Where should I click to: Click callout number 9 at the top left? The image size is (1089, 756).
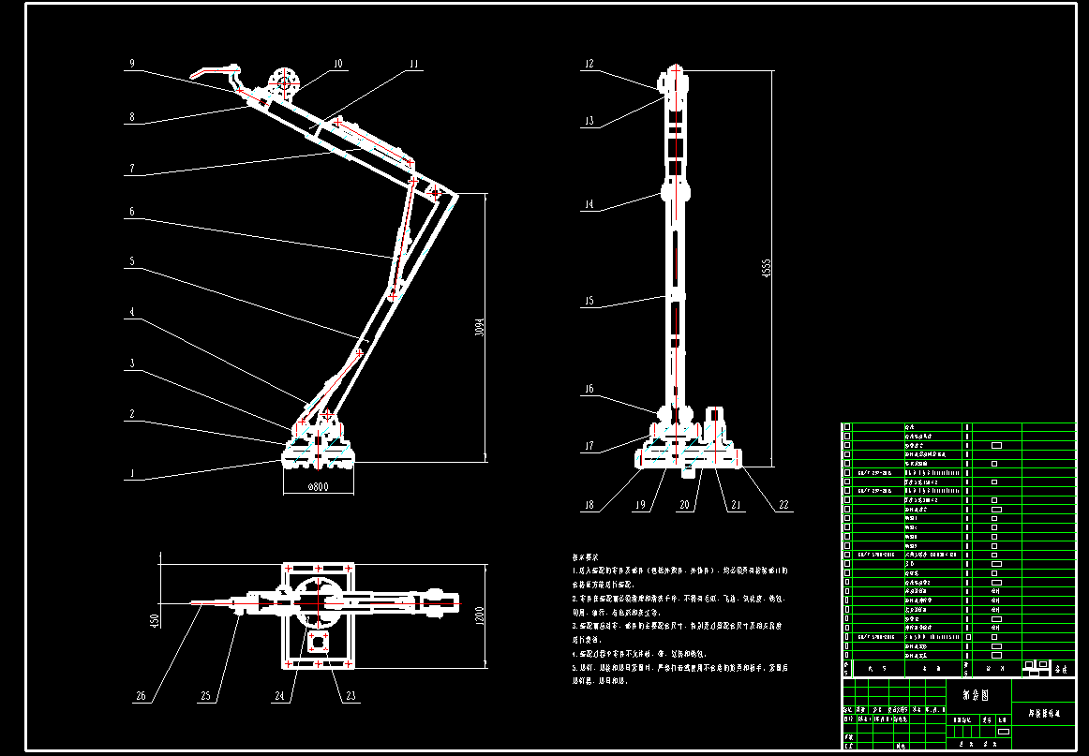[x=132, y=64]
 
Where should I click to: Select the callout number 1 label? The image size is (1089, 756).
[x=132, y=474]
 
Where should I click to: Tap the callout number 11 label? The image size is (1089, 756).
[x=412, y=65]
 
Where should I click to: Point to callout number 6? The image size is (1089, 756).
[x=132, y=213]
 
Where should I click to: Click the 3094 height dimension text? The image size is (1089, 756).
[x=478, y=327]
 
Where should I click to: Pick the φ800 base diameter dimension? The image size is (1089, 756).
[x=319, y=487]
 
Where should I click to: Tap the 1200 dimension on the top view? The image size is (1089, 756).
[x=478, y=616]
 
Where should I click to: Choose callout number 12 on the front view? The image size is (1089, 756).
[x=589, y=65]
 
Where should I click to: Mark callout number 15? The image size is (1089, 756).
[x=589, y=302]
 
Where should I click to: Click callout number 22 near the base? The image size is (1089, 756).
[x=784, y=506]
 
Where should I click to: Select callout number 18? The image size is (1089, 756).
[x=589, y=506]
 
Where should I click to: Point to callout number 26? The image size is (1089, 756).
[x=142, y=696]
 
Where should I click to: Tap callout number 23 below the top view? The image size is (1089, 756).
[x=351, y=696]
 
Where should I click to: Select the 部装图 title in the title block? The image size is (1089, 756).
[x=975, y=695]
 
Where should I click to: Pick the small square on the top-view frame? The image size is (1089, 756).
[x=318, y=643]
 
